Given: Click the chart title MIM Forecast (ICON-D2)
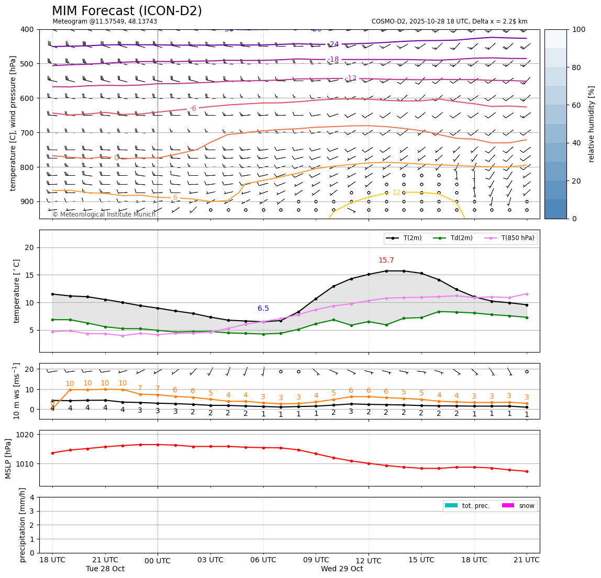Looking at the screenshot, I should click(127, 11).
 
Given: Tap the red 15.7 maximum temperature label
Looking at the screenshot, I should click(386, 260).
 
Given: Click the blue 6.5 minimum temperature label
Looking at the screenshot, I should click(263, 309).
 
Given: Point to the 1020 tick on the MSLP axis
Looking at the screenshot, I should click(26, 435).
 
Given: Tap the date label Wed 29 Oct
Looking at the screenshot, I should click(342, 569).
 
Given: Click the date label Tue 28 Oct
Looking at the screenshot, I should click(105, 569).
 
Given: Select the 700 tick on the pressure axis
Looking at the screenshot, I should click(26, 133).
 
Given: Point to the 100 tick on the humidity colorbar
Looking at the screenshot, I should click(579, 29).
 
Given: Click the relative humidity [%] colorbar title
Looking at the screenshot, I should click(592, 124).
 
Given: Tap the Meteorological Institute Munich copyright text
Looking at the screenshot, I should click(104, 214).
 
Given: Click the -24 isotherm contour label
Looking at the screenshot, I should click(333, 44).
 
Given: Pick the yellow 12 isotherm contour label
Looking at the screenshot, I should click(396, 192).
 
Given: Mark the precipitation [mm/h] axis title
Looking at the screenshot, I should click(23, 525).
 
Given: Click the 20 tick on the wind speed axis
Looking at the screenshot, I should click(30, 370).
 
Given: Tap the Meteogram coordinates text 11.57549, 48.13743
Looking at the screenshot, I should click(105, 21).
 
